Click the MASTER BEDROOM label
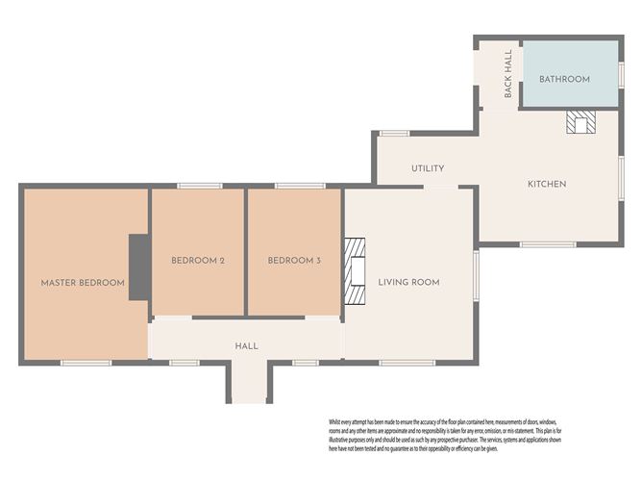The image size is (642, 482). click(83, 283)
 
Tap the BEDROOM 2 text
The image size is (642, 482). click(198, 261)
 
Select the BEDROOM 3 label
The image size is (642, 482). click(294, 261)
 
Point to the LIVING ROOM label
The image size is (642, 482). click(408, 282)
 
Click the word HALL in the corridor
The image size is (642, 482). click(247, 345)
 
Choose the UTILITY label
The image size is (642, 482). click(428, 168)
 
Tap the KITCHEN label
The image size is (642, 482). click(546, 184)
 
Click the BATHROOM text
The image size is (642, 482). click(564, 79)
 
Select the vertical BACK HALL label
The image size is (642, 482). click(508, 75)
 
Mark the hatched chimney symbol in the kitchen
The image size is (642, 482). click(580, 120)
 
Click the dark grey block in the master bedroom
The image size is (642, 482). click(139, 266)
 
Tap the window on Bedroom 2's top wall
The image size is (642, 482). click(200, 186)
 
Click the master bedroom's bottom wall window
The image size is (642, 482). click(86, 363)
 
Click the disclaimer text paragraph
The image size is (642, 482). click(456, 435)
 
